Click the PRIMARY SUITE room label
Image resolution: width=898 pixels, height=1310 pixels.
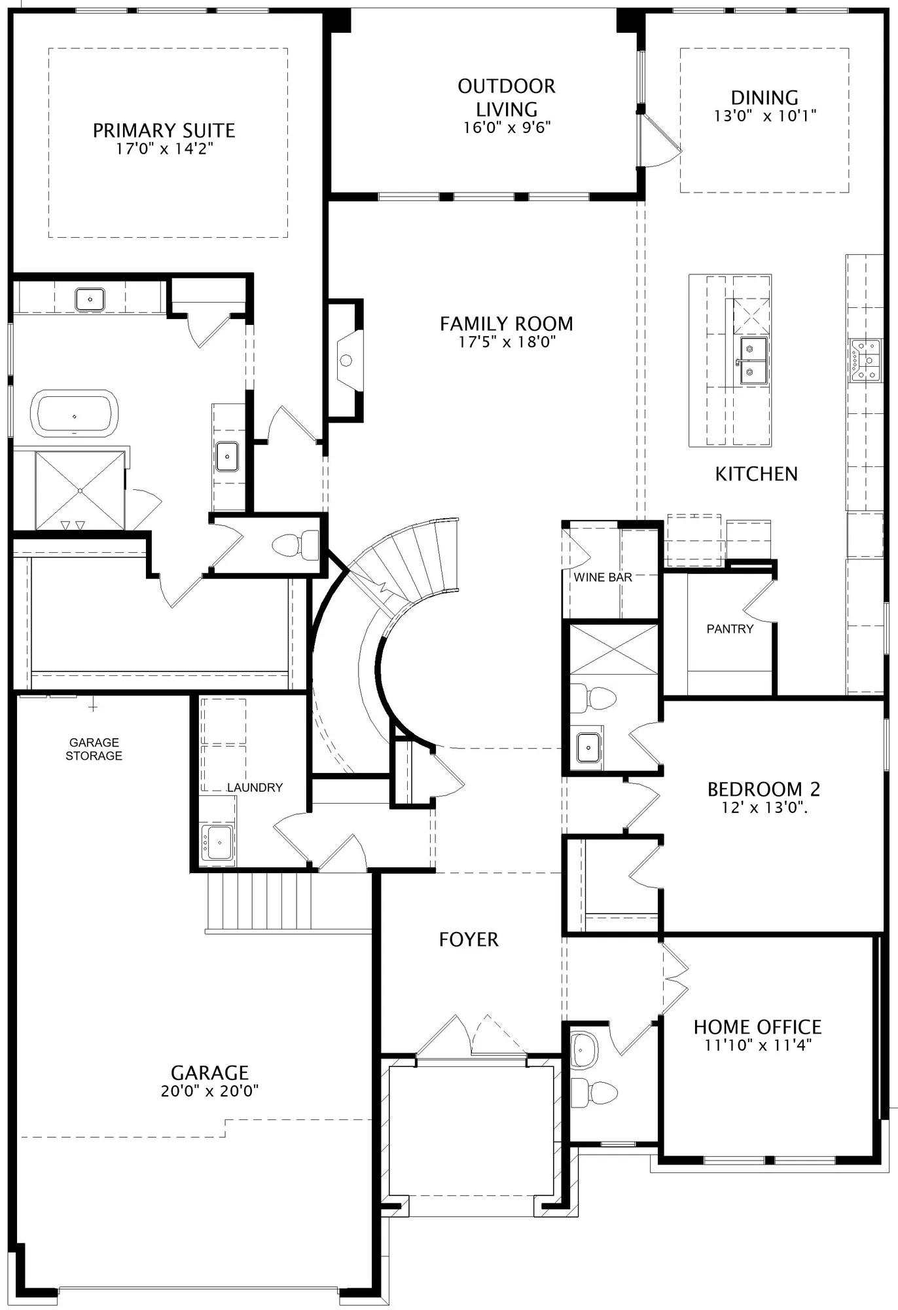point(164,130)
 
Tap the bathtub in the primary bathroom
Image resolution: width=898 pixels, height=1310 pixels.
point(75,413)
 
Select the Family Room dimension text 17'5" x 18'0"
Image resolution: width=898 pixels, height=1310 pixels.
point(507,341)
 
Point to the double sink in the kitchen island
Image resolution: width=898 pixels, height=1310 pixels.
point(754,361)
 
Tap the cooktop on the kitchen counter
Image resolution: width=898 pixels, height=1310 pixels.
point(866,361)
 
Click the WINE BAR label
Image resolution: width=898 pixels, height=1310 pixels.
point(603,577)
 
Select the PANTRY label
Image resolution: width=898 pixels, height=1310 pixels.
point(730,629)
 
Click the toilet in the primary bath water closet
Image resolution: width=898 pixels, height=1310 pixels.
point(295,545)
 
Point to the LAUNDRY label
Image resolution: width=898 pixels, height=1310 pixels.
point(255,787)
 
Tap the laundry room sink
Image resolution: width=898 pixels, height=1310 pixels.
point(217,842)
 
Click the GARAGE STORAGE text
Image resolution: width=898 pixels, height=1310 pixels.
point(94,749)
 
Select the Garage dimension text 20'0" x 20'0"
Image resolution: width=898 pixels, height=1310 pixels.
point(209,1091)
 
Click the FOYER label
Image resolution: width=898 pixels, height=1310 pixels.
point(469,940)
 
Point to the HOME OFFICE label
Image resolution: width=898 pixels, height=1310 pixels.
point(757,1026)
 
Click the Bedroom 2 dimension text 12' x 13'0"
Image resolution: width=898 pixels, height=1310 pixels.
point(764,808)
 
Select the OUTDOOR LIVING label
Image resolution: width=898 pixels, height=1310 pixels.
point(507,98)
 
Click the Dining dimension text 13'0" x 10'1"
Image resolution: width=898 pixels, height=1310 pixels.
point(764,116)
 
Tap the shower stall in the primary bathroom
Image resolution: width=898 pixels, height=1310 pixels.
point(80,490)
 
